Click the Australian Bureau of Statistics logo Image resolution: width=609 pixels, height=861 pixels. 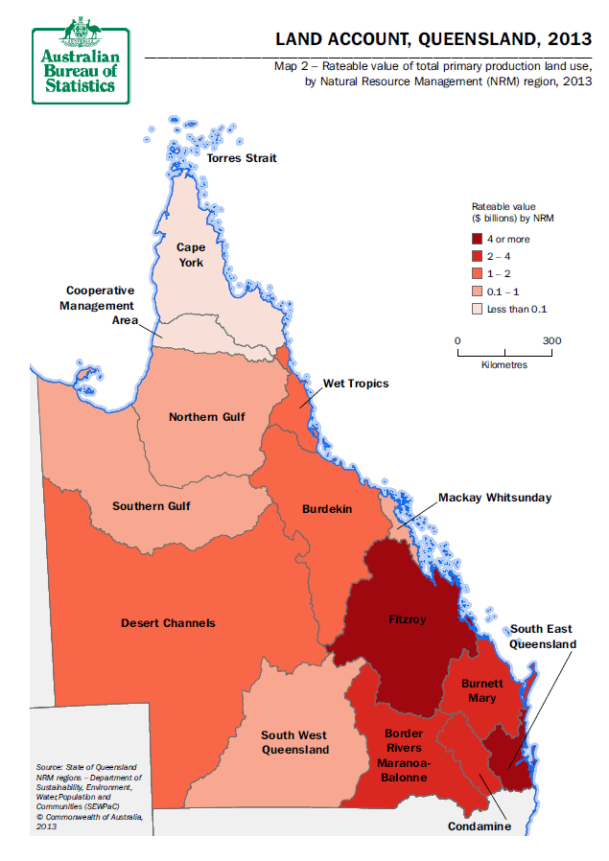point(80,59)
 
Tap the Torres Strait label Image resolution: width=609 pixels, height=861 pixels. point(242,157)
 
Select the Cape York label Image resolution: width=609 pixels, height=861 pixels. point(190,255)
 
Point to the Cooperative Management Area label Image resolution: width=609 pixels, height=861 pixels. point(100,305)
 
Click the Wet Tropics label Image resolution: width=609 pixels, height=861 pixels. point(356,384)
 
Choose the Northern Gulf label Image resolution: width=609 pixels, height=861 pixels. point(206,417)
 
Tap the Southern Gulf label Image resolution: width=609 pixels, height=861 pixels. point(151,506)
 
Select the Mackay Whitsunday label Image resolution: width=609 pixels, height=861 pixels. point(495,498)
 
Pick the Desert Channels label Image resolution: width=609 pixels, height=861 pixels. point(168,623)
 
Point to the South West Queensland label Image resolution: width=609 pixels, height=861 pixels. point(295,743)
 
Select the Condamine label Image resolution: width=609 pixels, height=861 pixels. point(480,826)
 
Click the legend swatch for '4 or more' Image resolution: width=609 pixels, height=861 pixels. point(477,240)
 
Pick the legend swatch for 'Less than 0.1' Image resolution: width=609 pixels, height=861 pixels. point(477,309)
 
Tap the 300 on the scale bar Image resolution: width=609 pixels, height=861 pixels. point(551,340)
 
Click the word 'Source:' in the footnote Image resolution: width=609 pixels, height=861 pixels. point(48,767)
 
